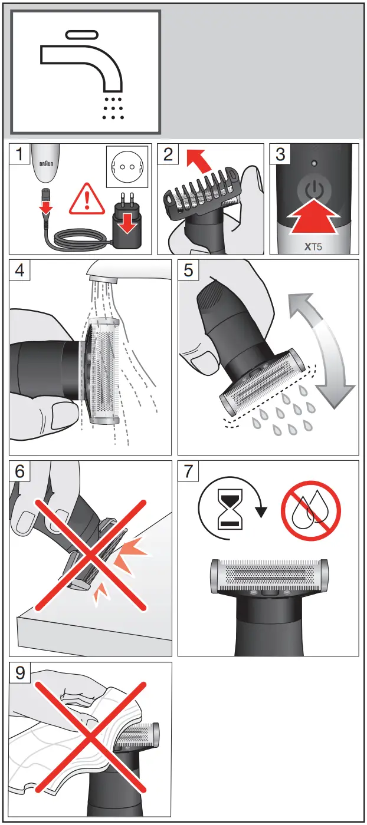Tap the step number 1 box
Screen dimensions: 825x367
21,155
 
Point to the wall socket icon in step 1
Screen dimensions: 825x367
125,167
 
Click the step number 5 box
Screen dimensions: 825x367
189,270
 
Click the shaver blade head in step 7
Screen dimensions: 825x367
268,577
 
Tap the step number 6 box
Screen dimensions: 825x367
21,472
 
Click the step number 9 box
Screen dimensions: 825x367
21,674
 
